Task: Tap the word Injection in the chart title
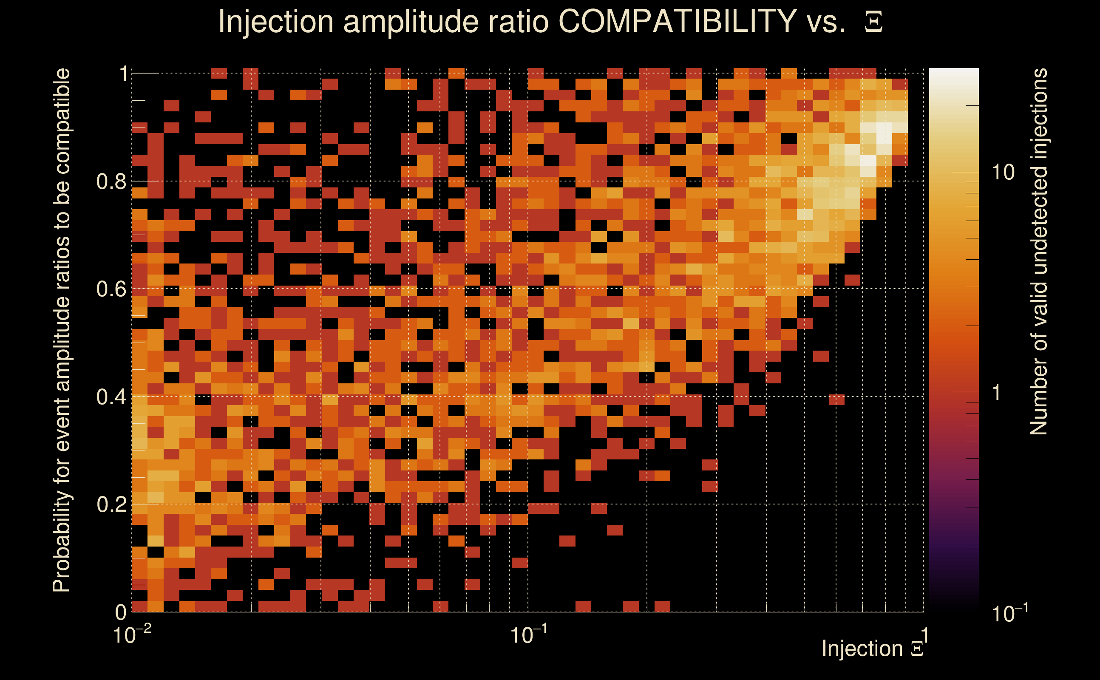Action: pyautogui.click(x=275, y=22)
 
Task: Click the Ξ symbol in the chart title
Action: pyautogui.click(x=873, y=22)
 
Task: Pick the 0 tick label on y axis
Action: pyautogui.click(x=121, y=612)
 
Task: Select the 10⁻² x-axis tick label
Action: pyautogui.click(x=132, y=634)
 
